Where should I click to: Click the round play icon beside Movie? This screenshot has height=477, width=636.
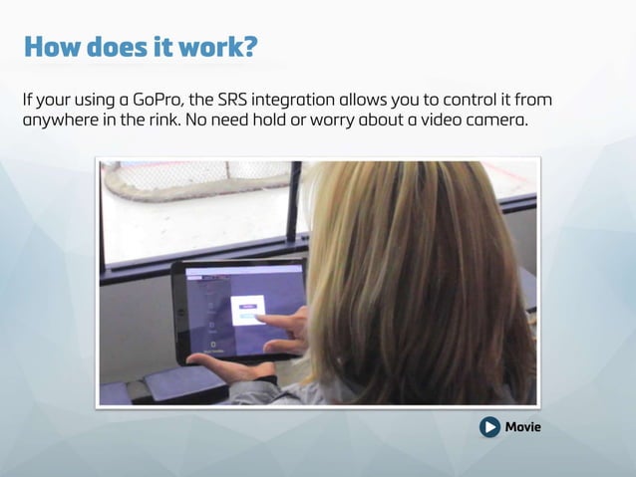pyautogui.click(x=489, y=427)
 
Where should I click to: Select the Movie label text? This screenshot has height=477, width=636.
pyautogui.click(x=523, y=427)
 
